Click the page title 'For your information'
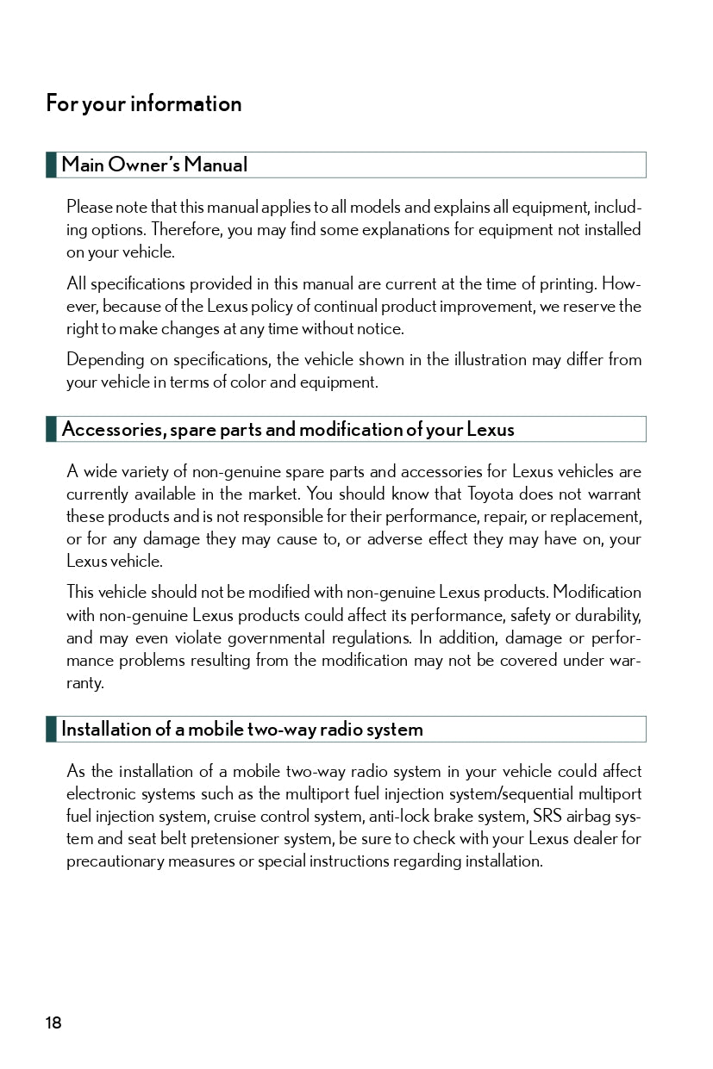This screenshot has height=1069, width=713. point(144,104)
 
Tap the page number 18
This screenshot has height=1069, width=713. point(53,1022)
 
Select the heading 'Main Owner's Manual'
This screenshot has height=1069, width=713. point(154,165)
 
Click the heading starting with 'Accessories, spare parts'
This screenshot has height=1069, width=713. point(288,429)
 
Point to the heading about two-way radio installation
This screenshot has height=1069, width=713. point(242,729)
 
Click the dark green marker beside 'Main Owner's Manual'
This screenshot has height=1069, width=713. point(51,165)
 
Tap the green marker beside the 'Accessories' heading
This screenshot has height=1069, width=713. point(51,429)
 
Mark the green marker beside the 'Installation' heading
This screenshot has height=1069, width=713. point(51,729)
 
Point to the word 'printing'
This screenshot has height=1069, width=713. point(566,283)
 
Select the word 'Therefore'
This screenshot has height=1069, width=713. point(186,230)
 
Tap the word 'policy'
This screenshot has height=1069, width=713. point(284,306)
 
